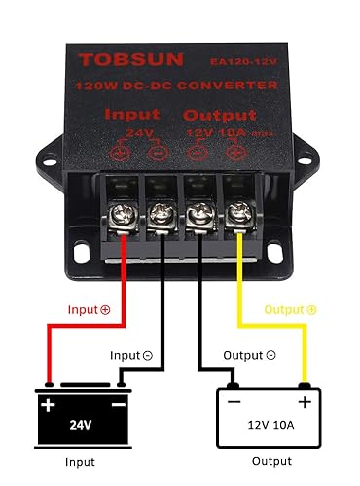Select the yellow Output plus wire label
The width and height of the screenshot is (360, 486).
[x=289, y=309]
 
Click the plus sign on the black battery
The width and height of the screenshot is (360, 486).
[x=46, y=400]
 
